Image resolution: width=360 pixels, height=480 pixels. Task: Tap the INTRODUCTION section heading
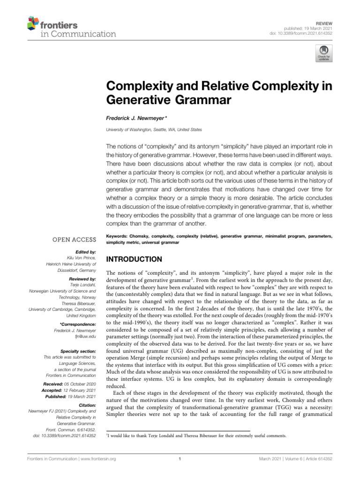pyautogui.click(x=135, y=259)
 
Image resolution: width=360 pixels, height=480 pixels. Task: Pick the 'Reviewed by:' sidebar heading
pyautogui.click(x=81, y=277)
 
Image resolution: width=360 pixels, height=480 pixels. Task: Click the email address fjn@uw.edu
pyautogui.click(x=85, y=337)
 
